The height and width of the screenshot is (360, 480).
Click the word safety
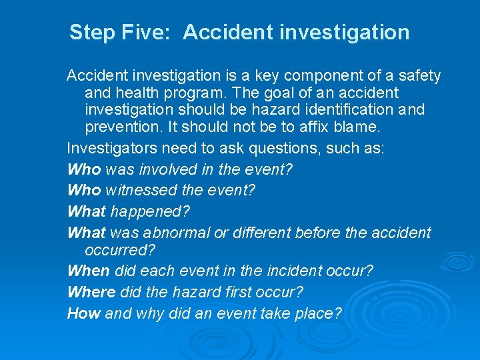tap(417, 76)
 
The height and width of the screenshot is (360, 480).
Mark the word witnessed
tap(136, 190)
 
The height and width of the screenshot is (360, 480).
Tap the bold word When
tap(89, 271)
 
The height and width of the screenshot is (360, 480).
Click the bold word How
tap(84, 313)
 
